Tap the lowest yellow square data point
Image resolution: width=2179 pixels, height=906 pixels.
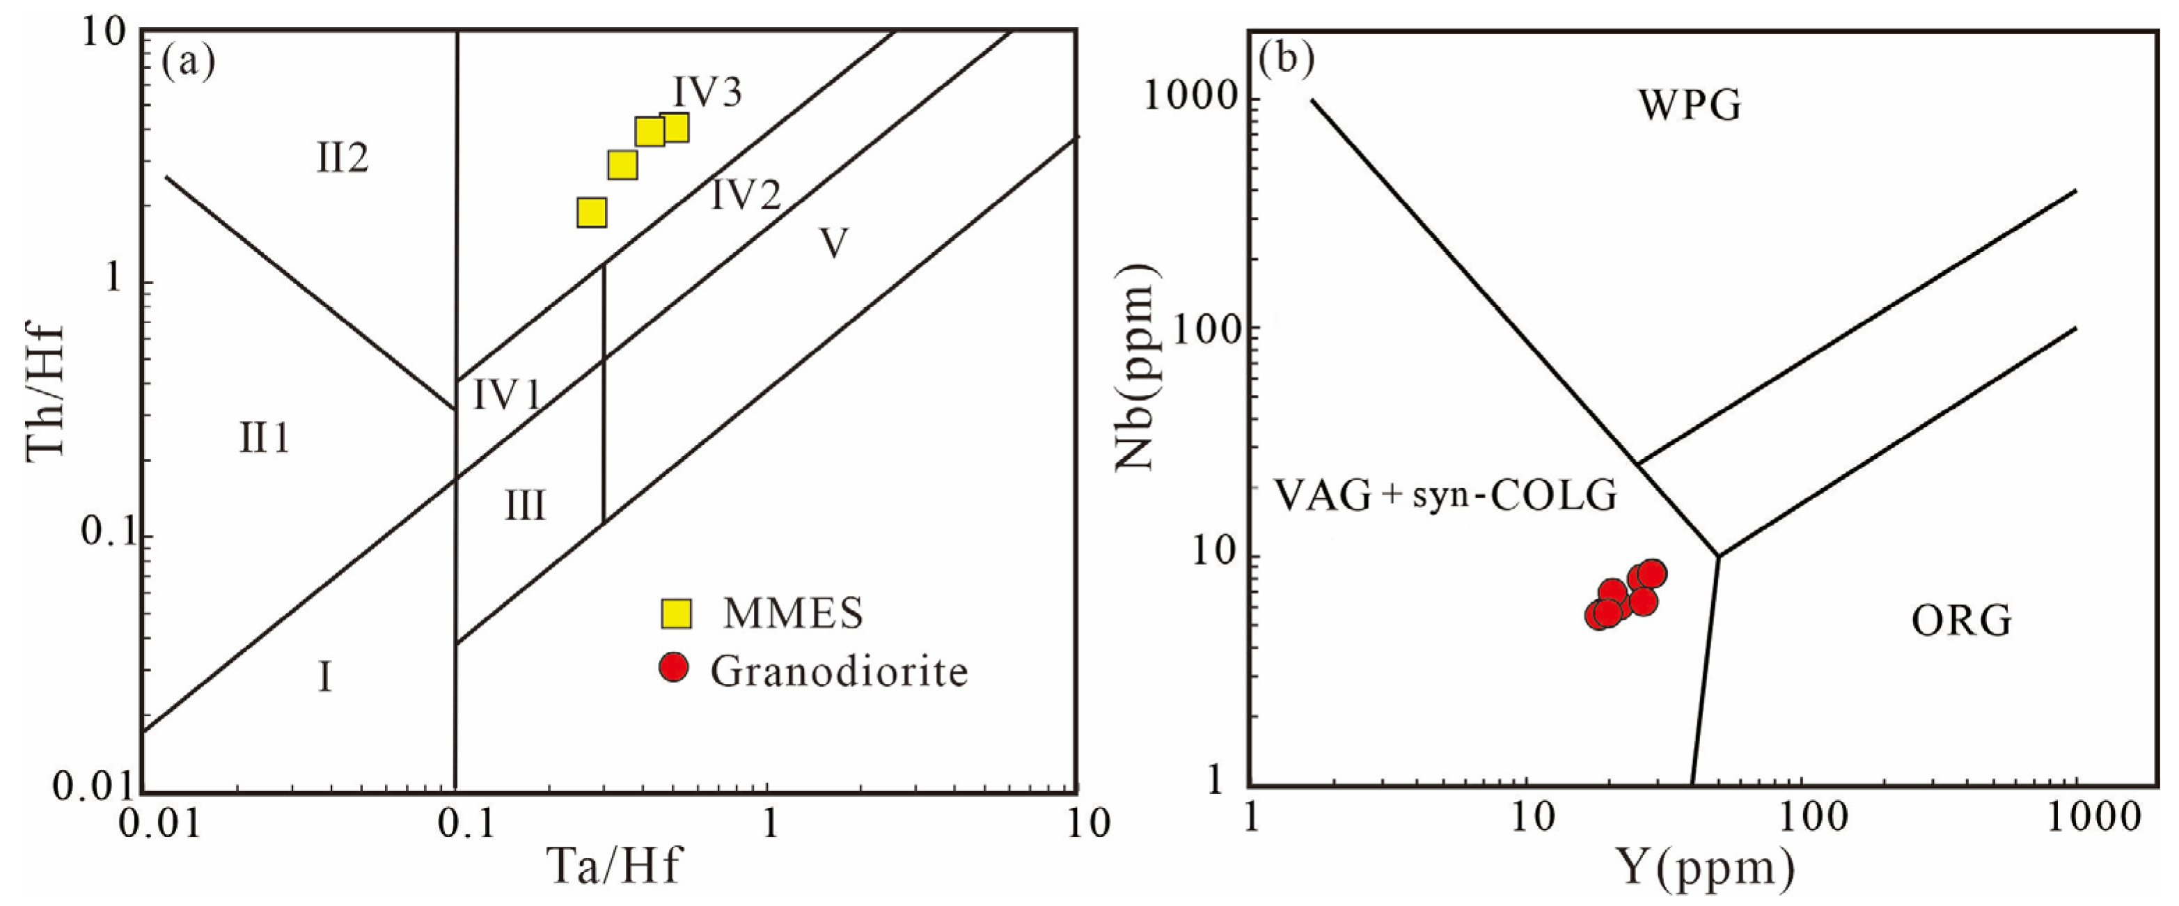591,213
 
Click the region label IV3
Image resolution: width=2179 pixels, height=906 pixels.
707,91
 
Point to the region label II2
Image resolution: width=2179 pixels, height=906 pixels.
343,158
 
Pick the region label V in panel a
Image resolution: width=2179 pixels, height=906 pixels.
834,244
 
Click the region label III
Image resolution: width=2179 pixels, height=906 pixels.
526,506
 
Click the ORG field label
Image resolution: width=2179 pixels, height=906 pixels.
1961,622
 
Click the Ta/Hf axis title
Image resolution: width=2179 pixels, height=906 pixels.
614,866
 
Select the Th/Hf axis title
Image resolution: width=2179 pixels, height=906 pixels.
46,391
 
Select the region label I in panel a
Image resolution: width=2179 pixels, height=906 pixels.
325,678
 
